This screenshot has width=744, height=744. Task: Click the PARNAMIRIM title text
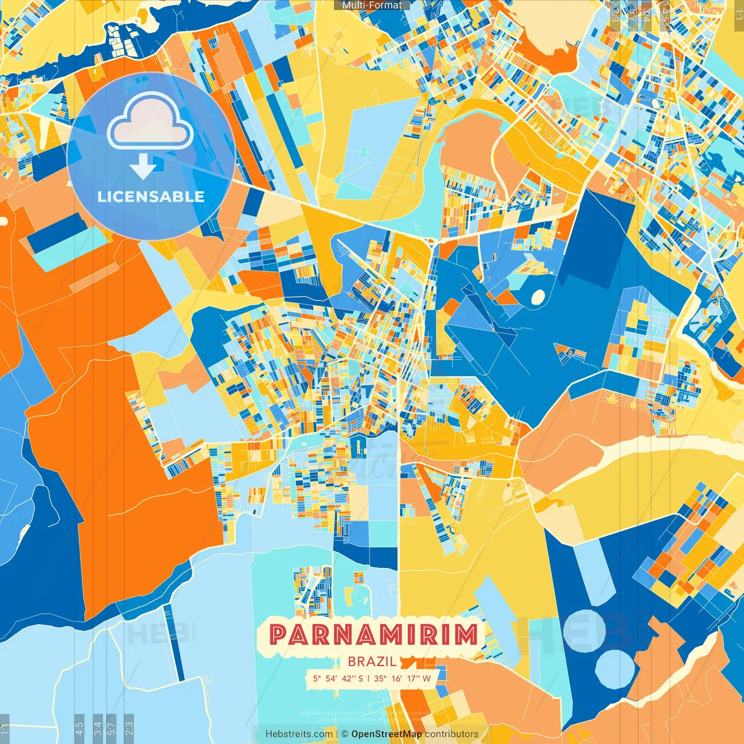click(374, 635)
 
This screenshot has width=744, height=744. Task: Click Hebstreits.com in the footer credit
click(299, 734)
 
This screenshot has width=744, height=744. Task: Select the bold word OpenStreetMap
click(387, 734)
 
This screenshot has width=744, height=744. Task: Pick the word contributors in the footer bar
click(452, 734)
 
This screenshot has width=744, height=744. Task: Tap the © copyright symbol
click(345, 734)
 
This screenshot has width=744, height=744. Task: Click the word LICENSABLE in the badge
click(151, 196)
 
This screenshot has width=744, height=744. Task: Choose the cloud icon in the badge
click(150, 121)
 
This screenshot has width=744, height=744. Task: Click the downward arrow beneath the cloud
click(143, 167)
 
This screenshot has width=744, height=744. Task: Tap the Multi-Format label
click(372, 5)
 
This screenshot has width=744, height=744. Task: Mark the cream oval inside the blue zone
click(538, 297)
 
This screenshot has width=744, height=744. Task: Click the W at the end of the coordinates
click(427, 678)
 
